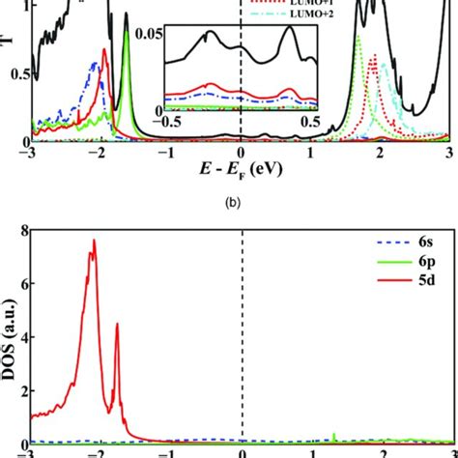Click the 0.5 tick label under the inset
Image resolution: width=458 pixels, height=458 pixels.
(x=311, y=122)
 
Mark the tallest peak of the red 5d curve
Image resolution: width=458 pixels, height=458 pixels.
(x=94, y=241)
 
